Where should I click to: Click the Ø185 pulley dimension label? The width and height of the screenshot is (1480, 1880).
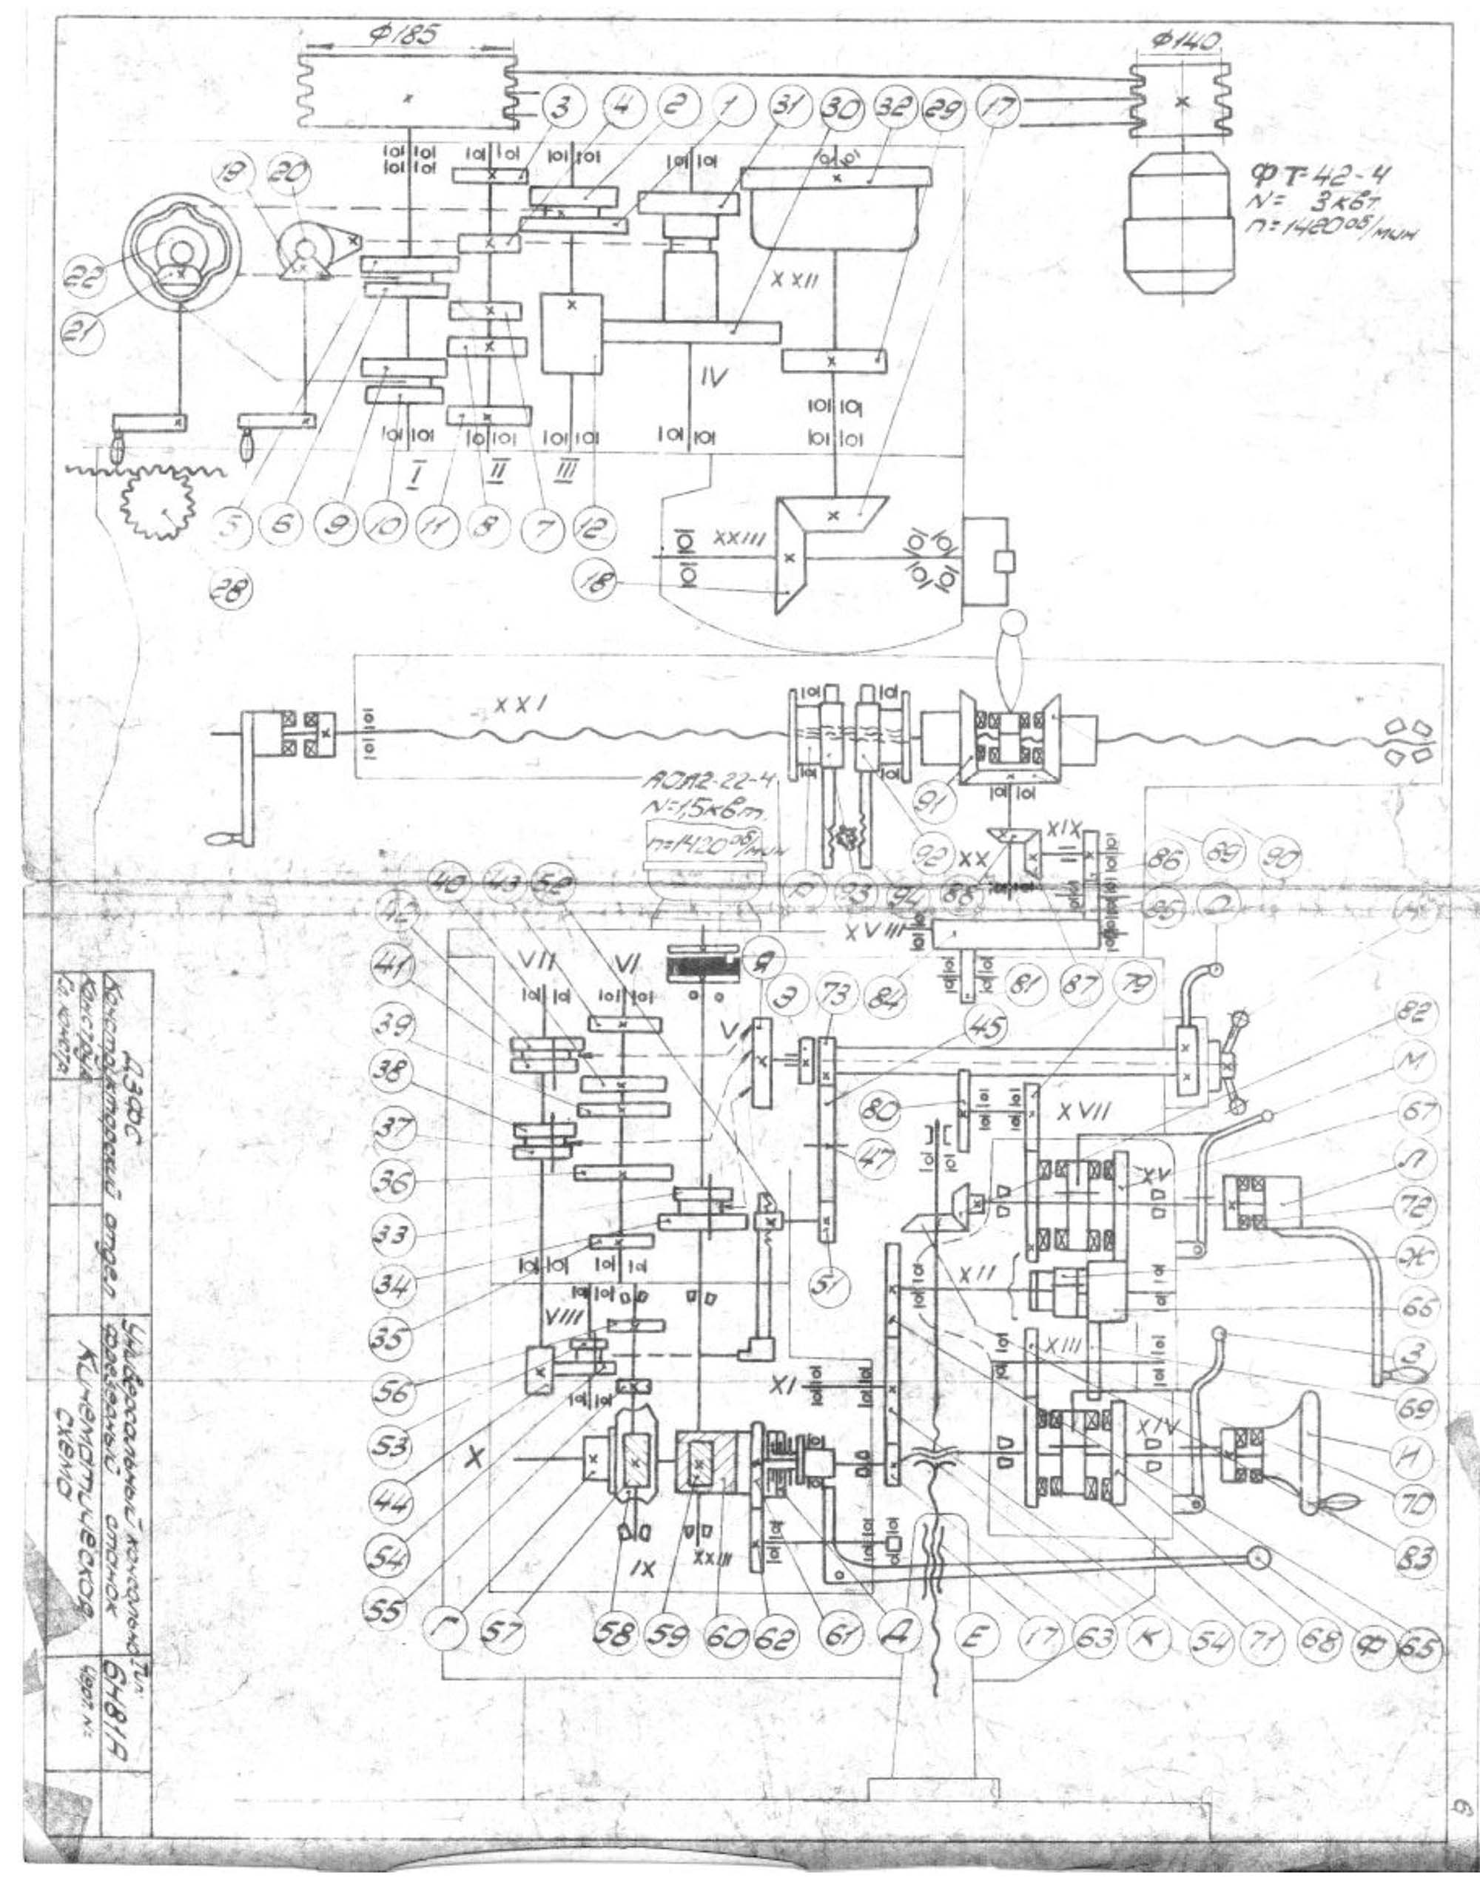(406, 33)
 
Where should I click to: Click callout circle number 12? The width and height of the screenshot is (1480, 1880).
(593, 528)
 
